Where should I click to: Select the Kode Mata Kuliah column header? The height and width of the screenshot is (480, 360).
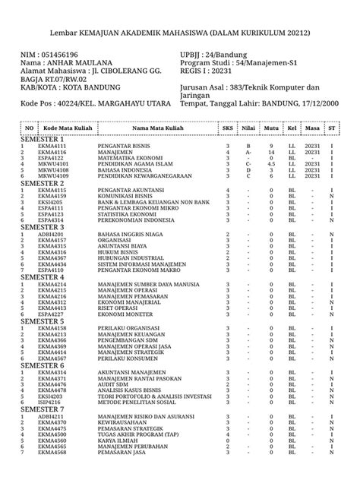point(68,128)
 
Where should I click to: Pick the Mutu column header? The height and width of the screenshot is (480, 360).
point(271,128)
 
